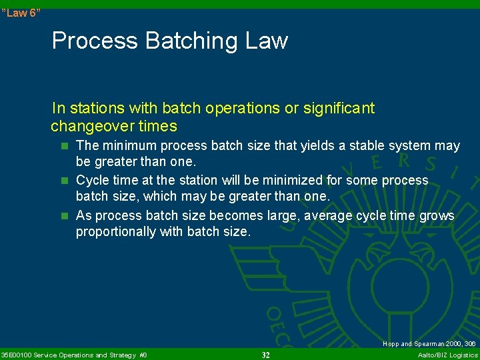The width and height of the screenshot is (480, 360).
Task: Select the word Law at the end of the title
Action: click(265, 41)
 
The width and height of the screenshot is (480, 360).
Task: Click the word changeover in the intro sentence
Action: click(91, 126)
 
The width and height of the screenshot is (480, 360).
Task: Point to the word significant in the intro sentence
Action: click(338, 108)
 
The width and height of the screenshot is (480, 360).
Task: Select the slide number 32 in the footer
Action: click(265, 355)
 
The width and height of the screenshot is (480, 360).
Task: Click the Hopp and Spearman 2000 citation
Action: click(429, 344)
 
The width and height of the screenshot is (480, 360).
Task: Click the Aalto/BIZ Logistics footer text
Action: click(447, 355)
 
